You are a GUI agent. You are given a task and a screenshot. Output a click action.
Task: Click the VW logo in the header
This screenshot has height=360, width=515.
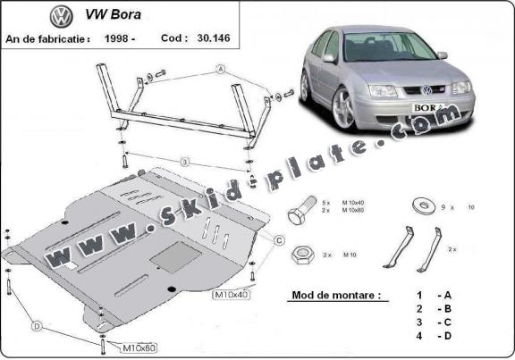click(x=61, y=16)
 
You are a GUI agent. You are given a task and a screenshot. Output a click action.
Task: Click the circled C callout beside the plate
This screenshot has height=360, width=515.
click(x=279, y=239)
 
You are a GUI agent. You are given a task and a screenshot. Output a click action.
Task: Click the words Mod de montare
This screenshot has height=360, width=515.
click(x=330, y=294)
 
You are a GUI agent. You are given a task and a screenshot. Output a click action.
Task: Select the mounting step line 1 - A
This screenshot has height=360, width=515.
click(x=431, y=294)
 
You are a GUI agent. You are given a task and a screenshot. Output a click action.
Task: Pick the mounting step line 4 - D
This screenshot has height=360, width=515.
click(x=431, y=335)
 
